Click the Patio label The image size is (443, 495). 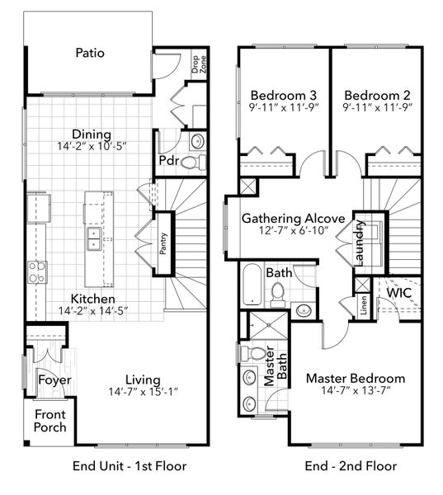tap(90, 53)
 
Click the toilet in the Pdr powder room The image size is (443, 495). tap(190, 163)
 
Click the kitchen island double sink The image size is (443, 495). tap(94, 239)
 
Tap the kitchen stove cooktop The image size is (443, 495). tap(37, 271)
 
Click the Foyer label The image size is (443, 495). tap(54, 380)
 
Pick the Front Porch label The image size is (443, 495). tap(49, 421)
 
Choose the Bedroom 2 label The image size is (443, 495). tap(377, 93)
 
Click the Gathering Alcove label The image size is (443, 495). tap(293, 219)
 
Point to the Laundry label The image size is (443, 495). tap(361, 243)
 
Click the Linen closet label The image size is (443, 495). tap(363, 305)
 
